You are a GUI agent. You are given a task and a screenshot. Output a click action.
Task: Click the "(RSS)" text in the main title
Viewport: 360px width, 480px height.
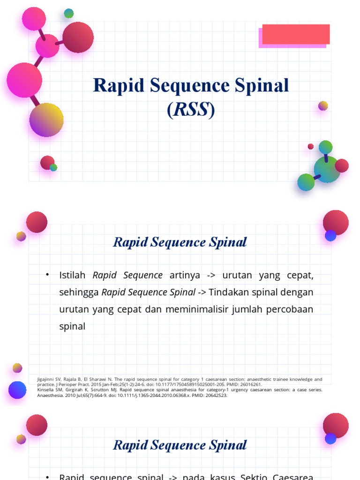tap(191, 110)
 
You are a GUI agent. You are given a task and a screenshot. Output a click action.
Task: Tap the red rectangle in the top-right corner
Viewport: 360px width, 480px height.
tap(296, 34)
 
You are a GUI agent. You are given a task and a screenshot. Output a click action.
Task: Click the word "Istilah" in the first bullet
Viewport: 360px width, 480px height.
tap(74, 275)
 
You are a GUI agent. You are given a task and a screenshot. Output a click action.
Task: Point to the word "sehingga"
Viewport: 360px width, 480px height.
tap(78, 292)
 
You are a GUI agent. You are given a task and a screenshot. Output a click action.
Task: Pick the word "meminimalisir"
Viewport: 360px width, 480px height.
tap(200, 309)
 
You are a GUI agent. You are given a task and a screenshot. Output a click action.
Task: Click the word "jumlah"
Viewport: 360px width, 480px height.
tap(247, 309)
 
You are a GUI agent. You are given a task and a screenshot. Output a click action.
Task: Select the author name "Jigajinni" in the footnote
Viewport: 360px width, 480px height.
tap(48, 379)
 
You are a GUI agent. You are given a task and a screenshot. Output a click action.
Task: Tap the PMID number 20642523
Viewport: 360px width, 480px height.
tap(217, 395)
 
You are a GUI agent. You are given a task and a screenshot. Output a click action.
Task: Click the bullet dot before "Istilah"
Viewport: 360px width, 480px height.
tap(47, 275)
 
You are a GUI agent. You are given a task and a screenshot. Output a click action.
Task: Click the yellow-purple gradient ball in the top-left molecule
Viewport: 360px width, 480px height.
tap(46, 120)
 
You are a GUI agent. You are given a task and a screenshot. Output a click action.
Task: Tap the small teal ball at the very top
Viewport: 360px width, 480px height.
tap(69, 14)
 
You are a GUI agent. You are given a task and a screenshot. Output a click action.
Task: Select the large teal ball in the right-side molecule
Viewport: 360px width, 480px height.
tap(327, 170)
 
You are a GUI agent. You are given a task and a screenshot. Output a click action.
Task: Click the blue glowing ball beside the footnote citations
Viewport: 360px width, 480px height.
tap(17, 390)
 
